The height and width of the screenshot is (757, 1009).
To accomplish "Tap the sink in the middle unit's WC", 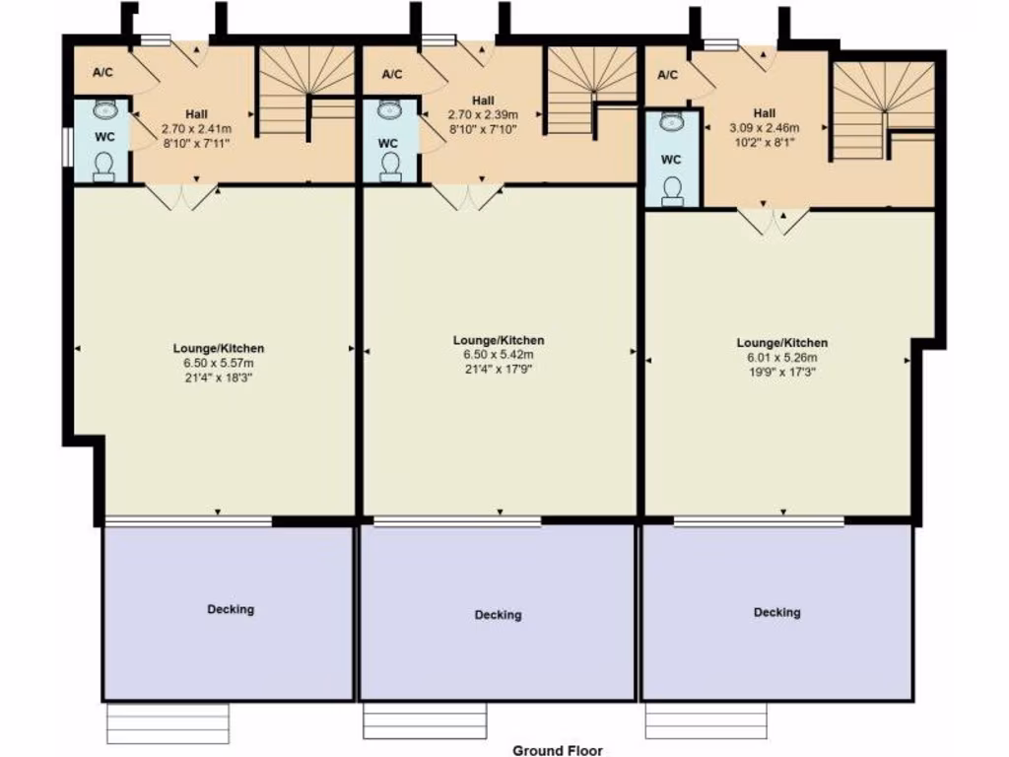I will [x=388, y=107].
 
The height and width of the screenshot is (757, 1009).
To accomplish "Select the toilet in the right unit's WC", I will [x=674, y=189].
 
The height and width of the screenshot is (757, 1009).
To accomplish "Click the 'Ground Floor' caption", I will [x=557, y=750].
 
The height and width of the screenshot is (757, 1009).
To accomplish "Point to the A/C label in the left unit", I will [x=102, y=73].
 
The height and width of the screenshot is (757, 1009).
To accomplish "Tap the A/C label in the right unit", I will [x=667, y=76].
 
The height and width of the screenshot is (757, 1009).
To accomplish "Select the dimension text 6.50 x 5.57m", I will [x=219, y=363].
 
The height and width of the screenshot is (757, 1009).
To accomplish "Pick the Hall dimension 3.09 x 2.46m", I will [x=764, y=128].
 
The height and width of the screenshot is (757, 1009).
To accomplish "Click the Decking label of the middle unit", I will [x=498, y=615].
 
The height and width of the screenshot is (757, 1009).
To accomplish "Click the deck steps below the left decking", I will [x=168, y=723].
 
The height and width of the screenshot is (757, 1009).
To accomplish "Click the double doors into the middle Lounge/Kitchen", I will [x=467, y=195].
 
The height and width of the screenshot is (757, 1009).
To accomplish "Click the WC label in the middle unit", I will [x=388, y=143].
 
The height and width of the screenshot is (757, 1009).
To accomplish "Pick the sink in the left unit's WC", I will [x=104, y=109].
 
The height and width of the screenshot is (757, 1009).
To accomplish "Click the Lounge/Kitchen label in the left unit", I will [x=219, y=348].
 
